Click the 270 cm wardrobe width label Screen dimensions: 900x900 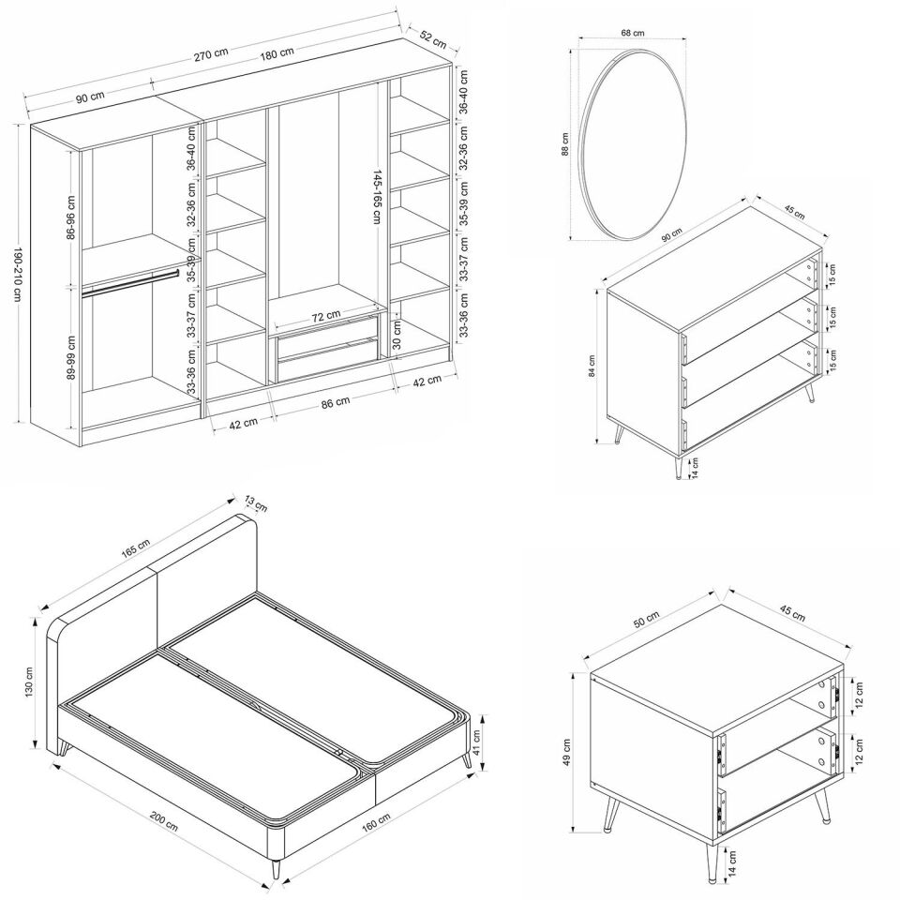pyautogui.click(x=211, y=54)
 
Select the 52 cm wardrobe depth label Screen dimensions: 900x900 pyautogui.click(x=433, y=39)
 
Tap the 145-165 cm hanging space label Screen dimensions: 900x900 pyautogui.click(x=377, y=196)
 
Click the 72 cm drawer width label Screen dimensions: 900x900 pyautogui.click(x=326, y=316)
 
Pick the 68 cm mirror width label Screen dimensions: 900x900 pyautogui.click(x=633, y=33)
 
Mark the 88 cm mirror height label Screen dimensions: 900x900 pyautogui.click(x=564, y=144)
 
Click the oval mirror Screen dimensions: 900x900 pyautogui.click(x=633, y=144)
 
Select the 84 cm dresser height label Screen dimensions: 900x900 pyautogui.click(x=592, y=366)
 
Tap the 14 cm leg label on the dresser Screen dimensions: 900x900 pyautogui.click(x=695, y=468)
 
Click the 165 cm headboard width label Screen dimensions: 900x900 pyautogui.click(x=135, y=548)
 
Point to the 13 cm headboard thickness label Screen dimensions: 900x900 pyautogui.click(x=256, y=502)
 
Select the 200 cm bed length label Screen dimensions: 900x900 pyautogui.click(x=163, y=820)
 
